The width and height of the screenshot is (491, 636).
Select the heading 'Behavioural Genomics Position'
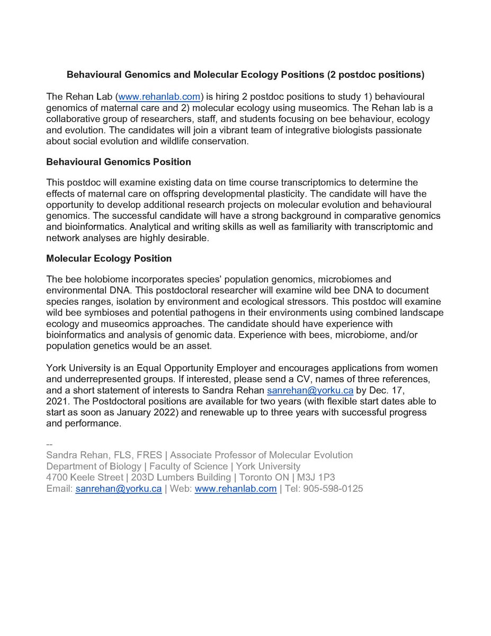click(x=119, y=162)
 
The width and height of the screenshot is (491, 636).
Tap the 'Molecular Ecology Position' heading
click(x=109, y=259)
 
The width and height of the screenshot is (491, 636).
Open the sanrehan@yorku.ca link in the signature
click(x=119, y=489)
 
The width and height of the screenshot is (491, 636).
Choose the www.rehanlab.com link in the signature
click(x=235, y=489)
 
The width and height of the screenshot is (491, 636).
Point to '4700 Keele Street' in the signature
click(x=84, y=478)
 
